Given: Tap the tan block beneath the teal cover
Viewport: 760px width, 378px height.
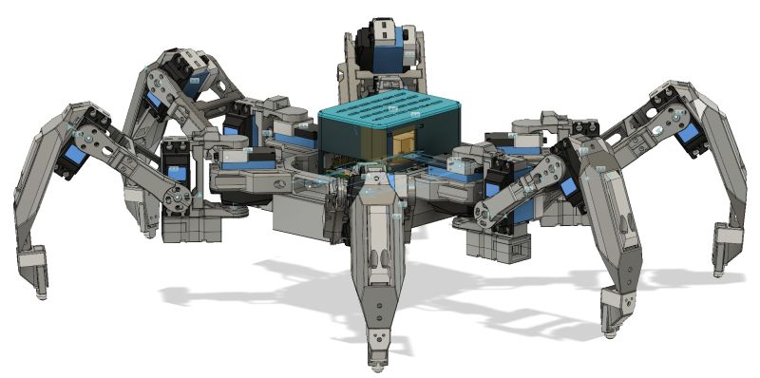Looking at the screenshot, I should [404, 142].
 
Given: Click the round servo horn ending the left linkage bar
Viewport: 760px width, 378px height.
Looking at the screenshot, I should [173, 198].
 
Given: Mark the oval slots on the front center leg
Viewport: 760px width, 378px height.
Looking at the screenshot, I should [378, 262].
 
